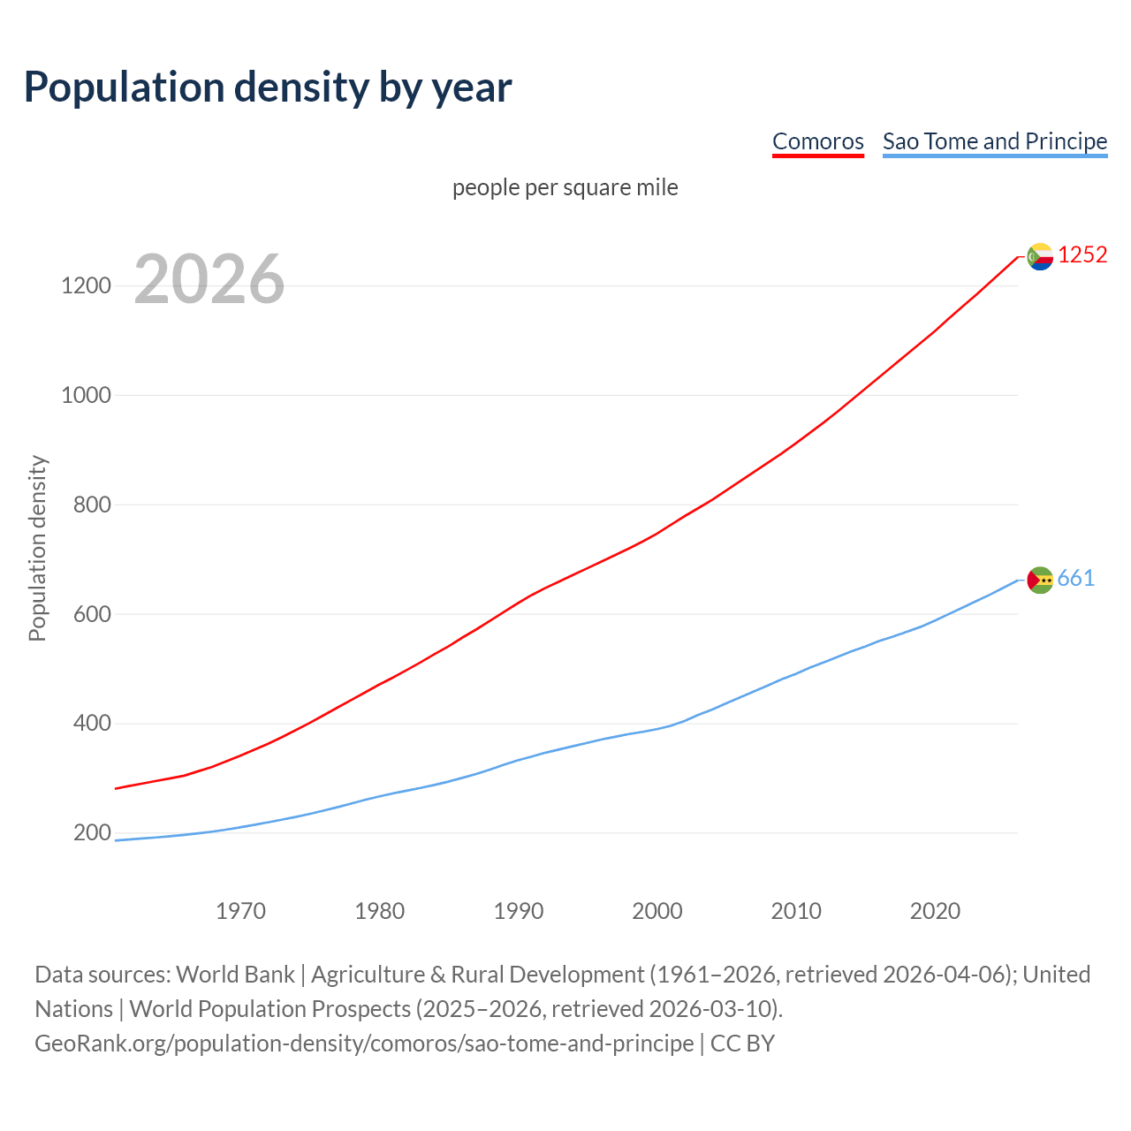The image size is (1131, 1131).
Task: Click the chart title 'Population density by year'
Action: pos(268,87)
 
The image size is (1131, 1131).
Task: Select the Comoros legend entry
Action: pos(817,141)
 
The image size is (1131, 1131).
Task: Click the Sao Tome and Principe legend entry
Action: pos(994,141)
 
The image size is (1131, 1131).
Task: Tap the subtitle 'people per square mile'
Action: pos(565,187)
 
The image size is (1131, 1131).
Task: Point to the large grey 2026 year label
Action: pos(209,279)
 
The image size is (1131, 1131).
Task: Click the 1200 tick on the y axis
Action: pos(86,285)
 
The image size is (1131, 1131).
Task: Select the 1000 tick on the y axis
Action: pos(86,395)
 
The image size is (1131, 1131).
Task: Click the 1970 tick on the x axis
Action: pos(240,911)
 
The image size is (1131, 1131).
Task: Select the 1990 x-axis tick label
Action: pos(519,911)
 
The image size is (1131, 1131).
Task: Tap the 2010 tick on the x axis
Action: pos(796,911)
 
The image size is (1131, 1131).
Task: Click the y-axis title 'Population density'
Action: pos(37,548)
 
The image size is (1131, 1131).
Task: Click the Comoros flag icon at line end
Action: pos(1040,256)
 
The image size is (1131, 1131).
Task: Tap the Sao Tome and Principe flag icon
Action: pos(1040,580)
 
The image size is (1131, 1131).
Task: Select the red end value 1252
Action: pos(1082,254)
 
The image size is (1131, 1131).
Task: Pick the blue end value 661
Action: pos(1075,578)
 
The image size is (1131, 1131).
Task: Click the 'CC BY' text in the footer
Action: pos(742,1044)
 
